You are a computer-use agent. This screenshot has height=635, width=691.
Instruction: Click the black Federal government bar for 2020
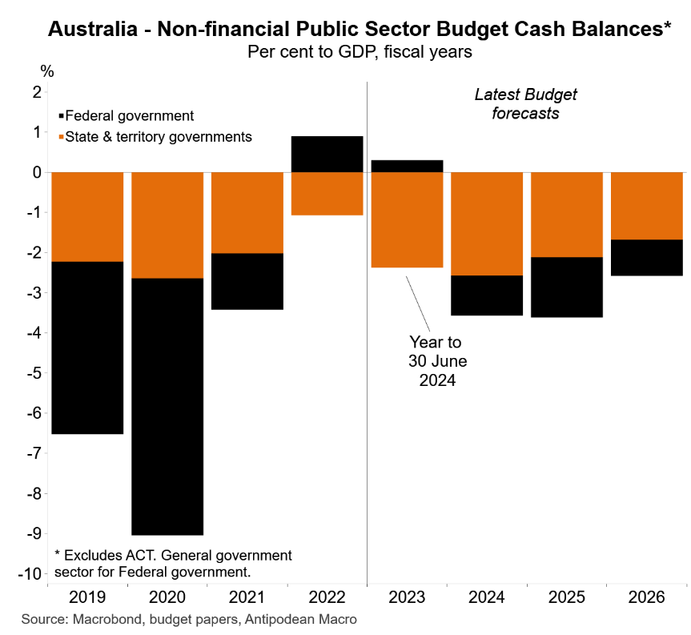[167, 406]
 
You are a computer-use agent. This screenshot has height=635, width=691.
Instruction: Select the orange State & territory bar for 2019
[87, 216]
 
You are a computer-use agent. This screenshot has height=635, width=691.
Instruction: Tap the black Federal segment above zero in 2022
[327, 154]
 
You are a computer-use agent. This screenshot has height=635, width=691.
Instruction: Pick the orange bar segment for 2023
[407, 219]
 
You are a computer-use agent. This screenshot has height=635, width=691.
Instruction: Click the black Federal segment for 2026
[646, 257]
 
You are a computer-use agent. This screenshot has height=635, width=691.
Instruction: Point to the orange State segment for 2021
[247, 212]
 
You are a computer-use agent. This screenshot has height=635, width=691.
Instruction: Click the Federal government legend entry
[128, 115]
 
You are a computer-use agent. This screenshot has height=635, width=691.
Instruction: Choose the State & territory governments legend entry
[157, 137]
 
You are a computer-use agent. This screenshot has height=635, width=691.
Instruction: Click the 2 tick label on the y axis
[35, 92]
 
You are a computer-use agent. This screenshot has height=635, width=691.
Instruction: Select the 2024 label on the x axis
[487, 597]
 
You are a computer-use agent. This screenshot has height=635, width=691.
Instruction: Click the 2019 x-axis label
[87, 597]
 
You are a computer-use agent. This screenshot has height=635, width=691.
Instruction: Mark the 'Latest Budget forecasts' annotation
[525, 104]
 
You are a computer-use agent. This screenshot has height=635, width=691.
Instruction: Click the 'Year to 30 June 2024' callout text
[436, 361]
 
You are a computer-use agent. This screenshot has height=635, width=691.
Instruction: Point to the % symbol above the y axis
[47, 71]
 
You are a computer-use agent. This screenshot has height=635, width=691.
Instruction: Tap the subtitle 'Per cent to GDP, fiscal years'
[359, 53]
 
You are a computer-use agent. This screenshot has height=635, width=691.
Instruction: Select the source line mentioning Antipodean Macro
[189, 619]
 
